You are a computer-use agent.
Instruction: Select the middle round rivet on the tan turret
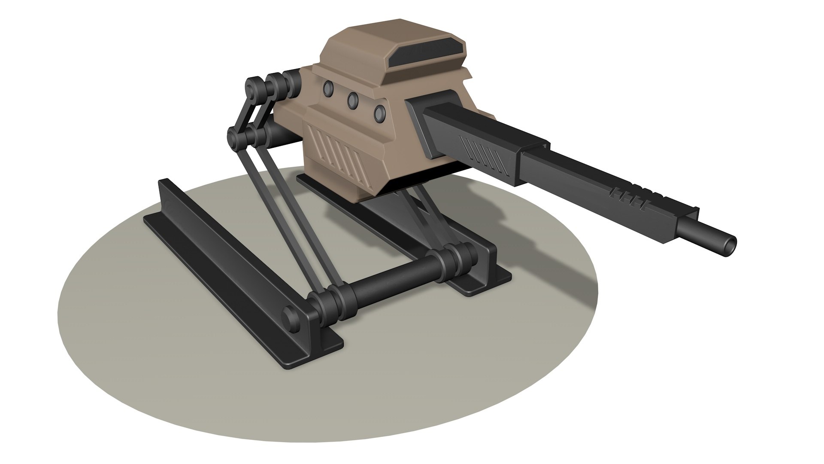pyautogui.click(x=353, y=100)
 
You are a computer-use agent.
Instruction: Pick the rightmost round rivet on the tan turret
pyautogui.click(x=379, y=113)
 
